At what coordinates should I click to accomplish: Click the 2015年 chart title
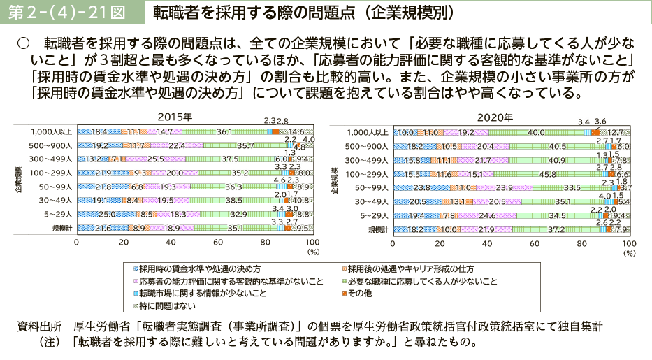[175, 117]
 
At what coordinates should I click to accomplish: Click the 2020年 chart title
[495, 117]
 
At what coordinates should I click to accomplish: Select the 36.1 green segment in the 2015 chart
[224, 131]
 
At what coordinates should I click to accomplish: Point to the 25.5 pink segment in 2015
[156, 159]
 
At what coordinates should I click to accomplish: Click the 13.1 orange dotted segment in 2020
[456, 201]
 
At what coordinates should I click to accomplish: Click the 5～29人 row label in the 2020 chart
[371, 215]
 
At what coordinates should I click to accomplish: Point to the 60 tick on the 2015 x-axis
[219, 242]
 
